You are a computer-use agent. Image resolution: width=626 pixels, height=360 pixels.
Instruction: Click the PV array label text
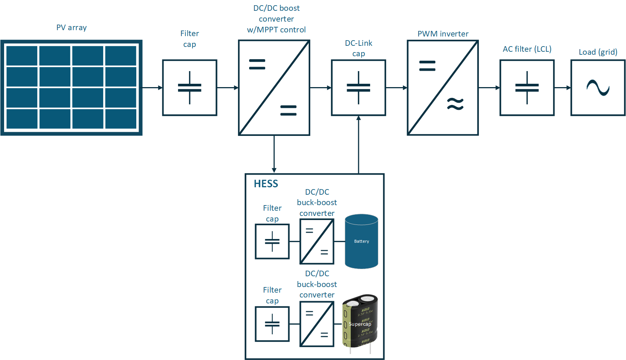pyautogui.click(x=72, y=28)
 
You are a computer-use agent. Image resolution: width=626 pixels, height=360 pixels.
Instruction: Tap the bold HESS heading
pyautogui.click(x=266, y=184)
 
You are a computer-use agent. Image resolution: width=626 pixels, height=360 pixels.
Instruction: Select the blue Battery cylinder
pyautogui.click(x=361, y=241)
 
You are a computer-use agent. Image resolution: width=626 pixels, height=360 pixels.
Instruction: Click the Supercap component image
pyautogui.click(x=360, y=322)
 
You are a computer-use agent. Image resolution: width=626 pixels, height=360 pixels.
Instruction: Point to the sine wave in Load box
pyautogui.click(x=598, y=88)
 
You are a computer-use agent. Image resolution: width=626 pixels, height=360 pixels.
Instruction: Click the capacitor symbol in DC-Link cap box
pyautogui.click(x=358, y=88)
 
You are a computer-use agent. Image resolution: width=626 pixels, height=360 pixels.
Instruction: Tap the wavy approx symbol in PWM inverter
pyautogui.click(x=455, y=104)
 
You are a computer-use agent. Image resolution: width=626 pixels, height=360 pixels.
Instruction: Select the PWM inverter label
pyautogui.click(x=443, y=34)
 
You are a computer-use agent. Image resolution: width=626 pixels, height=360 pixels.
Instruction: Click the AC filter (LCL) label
pyautogui.click(x=527, y=49)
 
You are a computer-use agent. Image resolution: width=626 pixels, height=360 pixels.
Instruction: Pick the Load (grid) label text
pyautogui.click(x=598, y=52)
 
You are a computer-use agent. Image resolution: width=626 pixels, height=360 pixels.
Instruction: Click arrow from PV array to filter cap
pyautogui.click(x=152, y=88)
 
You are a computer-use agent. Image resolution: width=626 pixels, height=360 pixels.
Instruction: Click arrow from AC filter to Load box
pyautogui.click(x=562, y=88)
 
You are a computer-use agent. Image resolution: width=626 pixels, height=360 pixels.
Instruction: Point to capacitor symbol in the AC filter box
pyautogui.click(x=527, y=88)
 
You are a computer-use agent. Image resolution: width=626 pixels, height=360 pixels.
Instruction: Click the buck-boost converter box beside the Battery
pyautogui.click(x=317, y=241)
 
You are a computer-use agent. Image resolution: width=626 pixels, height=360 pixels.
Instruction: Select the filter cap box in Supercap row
pyautogui.click(x=272, y=324)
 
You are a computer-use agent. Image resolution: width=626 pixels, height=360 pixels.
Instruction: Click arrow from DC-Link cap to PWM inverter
pyautogui.click(x=396, y=88)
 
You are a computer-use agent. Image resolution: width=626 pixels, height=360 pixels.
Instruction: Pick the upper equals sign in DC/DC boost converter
pyautogui.click(x=257, y=64)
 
